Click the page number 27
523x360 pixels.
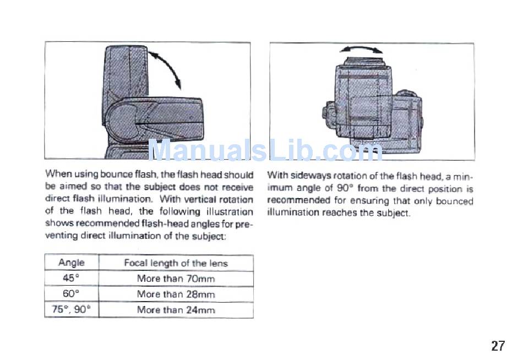point(498,346)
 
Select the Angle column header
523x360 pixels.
point(72,263)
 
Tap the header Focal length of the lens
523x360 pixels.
point(176,263)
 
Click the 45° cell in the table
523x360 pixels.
point(72,279)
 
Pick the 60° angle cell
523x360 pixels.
point(72,294)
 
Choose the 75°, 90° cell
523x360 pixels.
point(72,310)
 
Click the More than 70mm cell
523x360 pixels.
point(176,279)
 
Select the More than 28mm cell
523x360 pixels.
point(176,294)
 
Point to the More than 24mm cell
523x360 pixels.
point(176,310)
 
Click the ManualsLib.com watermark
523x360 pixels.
point(265,150)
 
